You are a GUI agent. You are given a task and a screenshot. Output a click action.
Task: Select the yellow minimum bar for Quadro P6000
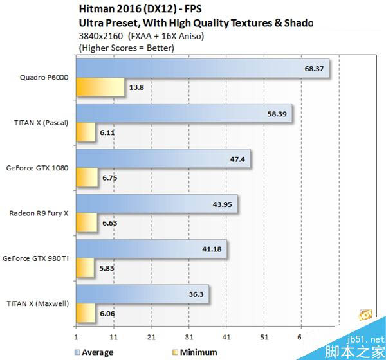[x=100, y=87]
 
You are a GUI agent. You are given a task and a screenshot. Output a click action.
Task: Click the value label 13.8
[x=136, y=87]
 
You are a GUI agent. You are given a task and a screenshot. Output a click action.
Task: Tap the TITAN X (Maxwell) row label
[x=39, y=302]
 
